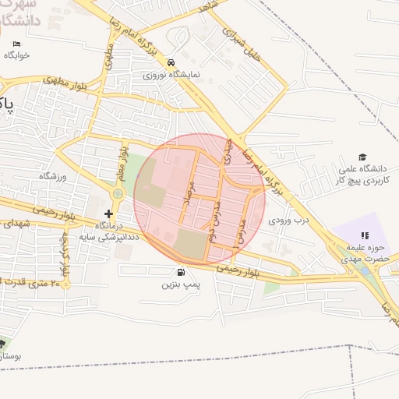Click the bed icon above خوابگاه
point(16,44)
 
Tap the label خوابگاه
point(16,55)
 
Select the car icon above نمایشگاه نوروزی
point(171,63)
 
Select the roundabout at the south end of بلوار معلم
point(118,193)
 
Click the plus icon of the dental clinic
point(108,213)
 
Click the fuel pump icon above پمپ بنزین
point(182,272)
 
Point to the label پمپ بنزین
point(182,285)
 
